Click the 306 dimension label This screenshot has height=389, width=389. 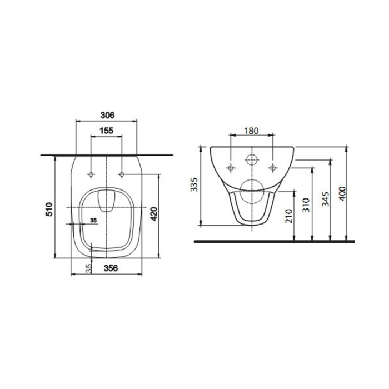[107, 115]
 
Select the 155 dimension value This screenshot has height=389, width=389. [107, 131]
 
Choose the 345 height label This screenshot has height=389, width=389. [325, 199]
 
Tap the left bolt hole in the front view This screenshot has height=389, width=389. [231, 167]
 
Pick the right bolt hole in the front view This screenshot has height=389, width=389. [272, 167]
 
